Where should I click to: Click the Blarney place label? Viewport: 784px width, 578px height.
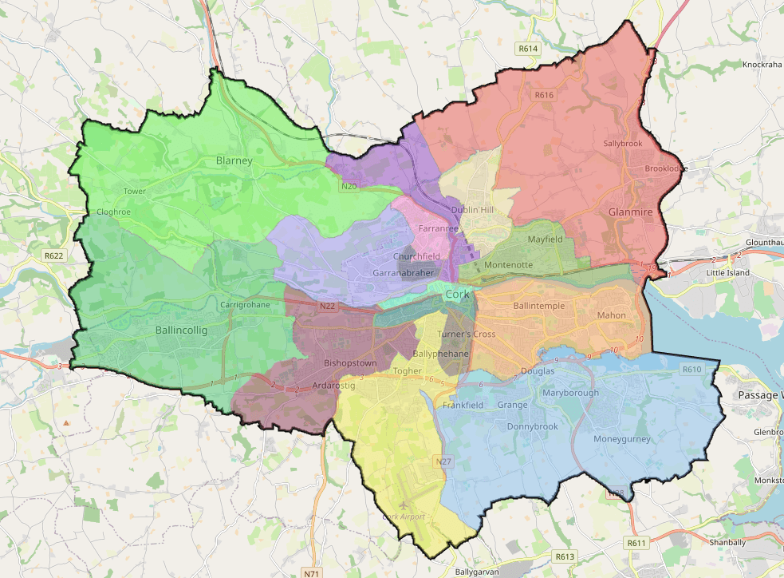(x=234, y=160)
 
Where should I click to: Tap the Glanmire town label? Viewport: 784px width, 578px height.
(x=630, y=212)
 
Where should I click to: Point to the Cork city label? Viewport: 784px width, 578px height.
(x=457, y=295)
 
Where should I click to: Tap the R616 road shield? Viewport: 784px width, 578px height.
(x=544, y=95)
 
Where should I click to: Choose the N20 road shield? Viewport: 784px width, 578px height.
(x=349, y=187)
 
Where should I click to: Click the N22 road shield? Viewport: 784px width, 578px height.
(x=327, y=306)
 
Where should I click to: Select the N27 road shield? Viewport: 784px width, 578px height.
(x=443, y=461)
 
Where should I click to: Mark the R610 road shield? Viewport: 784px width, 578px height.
(x=691, y=370)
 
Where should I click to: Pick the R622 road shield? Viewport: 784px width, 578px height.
(x=53, y=256)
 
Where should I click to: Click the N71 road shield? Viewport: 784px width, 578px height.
(x=311, y=572)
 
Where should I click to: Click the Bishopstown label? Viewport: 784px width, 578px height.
(x=350, y=363)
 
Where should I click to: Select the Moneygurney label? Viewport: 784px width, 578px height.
(x=622, y=439)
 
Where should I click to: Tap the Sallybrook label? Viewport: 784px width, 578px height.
(x=622, y=143)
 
